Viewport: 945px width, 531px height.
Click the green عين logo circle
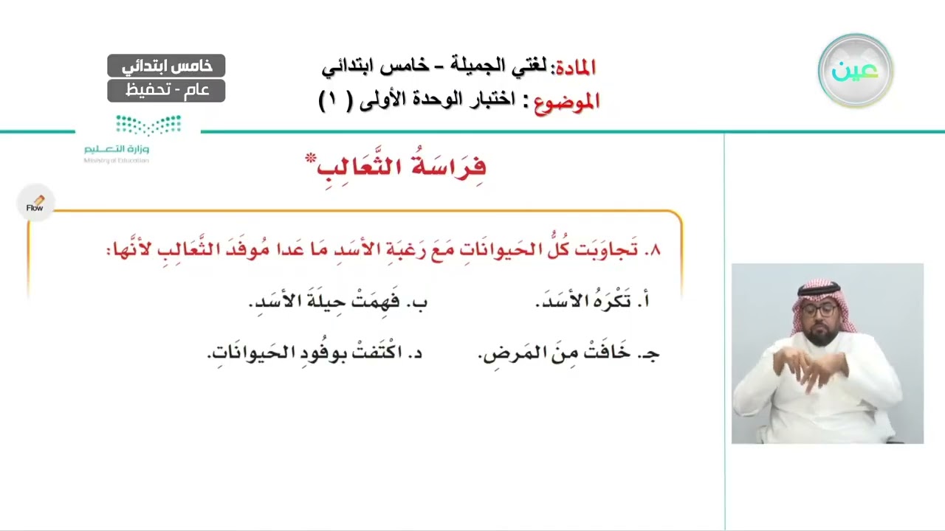click(856, 71)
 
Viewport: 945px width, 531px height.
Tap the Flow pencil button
click(35, 203)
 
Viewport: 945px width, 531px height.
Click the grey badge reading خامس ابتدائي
click(166, 66)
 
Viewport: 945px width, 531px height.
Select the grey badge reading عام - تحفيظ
click(166, 91)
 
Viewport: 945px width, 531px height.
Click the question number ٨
click(652, 250)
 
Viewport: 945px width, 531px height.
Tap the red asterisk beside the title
click(311, 158)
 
